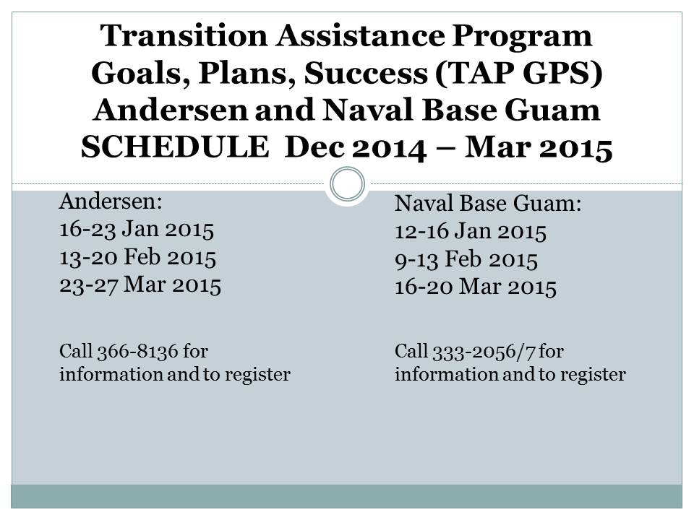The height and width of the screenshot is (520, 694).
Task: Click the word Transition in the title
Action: [184, 35]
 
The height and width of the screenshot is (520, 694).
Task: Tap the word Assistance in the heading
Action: [360, 35]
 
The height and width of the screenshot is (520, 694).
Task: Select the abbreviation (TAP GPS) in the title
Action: [519, 73]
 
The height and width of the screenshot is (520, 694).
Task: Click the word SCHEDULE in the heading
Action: [175, 147]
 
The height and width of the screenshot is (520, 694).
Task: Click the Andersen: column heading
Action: [111, 201]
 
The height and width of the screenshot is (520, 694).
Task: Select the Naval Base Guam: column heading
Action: [488, 204]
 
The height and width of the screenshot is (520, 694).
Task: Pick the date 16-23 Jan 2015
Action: [137, 230]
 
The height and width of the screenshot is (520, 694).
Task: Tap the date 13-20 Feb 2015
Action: [137, 257]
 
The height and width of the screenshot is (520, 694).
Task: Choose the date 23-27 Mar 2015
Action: [140, 285]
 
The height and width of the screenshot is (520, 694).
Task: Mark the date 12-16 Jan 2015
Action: [471, 231]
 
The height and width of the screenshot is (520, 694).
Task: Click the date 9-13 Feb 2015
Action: [466, 259]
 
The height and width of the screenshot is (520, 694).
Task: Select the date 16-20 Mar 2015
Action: [476, 287]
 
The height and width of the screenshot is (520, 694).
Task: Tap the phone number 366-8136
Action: [137, 352]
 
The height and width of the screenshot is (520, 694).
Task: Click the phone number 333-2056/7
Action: [484, 352]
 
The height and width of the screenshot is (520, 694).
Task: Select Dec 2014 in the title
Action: [356, 147]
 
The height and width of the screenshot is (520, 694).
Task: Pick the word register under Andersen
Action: [257, 375]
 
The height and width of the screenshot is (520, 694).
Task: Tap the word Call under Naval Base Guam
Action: [411, 351]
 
